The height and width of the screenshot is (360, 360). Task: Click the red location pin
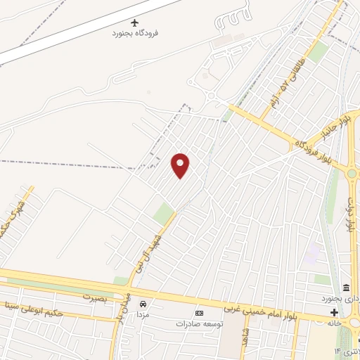181,165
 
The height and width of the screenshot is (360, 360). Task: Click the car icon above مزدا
143,304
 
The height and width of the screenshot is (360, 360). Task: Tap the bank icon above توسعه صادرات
199,313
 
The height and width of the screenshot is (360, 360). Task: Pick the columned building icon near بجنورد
346,288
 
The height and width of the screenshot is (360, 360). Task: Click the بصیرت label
98,297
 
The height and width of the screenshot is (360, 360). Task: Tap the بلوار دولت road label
350,215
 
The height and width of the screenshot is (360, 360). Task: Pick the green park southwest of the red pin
164,213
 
